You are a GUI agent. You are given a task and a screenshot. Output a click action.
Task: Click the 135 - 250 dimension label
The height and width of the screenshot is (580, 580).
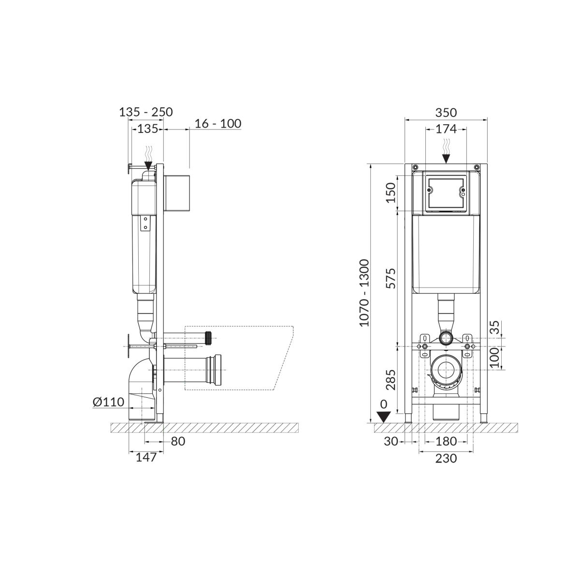(x=146, y=112)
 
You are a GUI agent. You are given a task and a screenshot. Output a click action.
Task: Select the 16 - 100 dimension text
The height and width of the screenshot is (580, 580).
(x=217, y=123)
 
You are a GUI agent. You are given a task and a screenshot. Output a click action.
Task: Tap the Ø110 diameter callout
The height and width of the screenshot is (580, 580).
(x=108, y=402)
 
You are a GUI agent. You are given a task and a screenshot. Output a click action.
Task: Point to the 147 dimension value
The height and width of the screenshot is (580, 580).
(x=146, y=457)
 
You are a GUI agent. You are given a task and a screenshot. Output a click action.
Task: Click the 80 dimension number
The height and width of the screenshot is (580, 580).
(x=178, y=441)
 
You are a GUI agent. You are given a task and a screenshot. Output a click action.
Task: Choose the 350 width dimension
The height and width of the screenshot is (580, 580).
(x=446, y=113)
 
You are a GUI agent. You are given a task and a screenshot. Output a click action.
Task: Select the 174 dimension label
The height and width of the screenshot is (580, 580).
(x=446, y=129)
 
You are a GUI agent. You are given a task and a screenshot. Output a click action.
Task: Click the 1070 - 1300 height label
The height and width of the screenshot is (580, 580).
(x=364, y=292)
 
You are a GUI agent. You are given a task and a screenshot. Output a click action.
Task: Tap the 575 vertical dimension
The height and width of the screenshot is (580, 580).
(x=391, y=278)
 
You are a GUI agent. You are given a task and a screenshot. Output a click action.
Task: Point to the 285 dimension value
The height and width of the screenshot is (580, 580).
(x=391, y=380)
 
